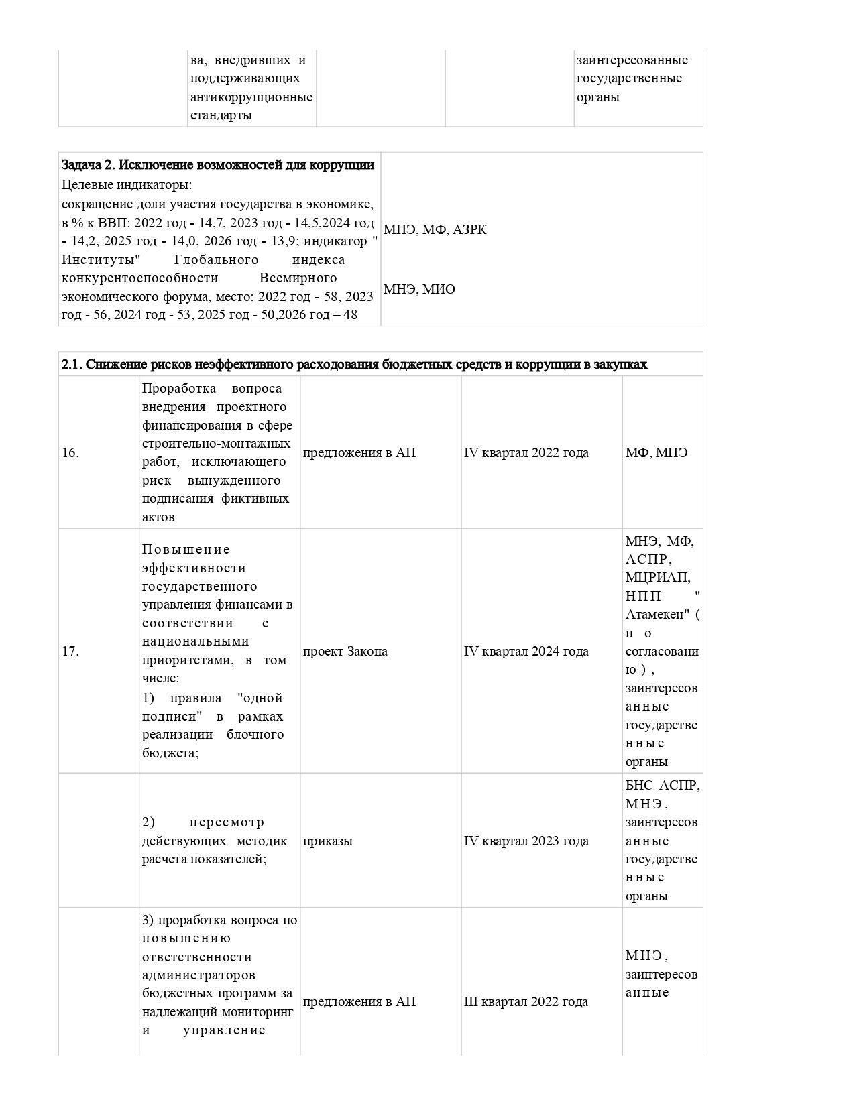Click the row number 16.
pyautogui.click(x=70, y=453)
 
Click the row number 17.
pyautogui.click(x=70, y=652)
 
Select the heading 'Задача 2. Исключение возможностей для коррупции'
pyautogui.click(x=218, y=165)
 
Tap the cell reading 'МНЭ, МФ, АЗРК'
pyautogui.click(x=435, y=230)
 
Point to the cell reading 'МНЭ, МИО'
pyautogui.click(x=419, y=290)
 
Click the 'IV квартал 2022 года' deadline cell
pyautogui.click(x=526, y=453)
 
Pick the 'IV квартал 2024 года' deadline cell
pyautogui.click(x=526, y=652)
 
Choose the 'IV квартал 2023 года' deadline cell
pyautogui.click(x=526, y=841)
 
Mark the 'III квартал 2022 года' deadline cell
pyautogui.click(x=526, y=1002)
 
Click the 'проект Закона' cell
pyautogui.click(x=345, y=652)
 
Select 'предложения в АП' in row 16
pyautogui.click(x=359, y=453)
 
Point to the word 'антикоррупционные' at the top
pyautogui.click(x=251, y=97)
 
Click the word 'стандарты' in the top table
pyautogui.click(x=221, y=115)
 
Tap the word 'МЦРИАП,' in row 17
pyautogui.click(x=658, y=578)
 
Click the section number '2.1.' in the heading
pyautogui.click(x=72, y=365)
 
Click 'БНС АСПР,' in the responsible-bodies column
pyautogui.click(x=663, y=786)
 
